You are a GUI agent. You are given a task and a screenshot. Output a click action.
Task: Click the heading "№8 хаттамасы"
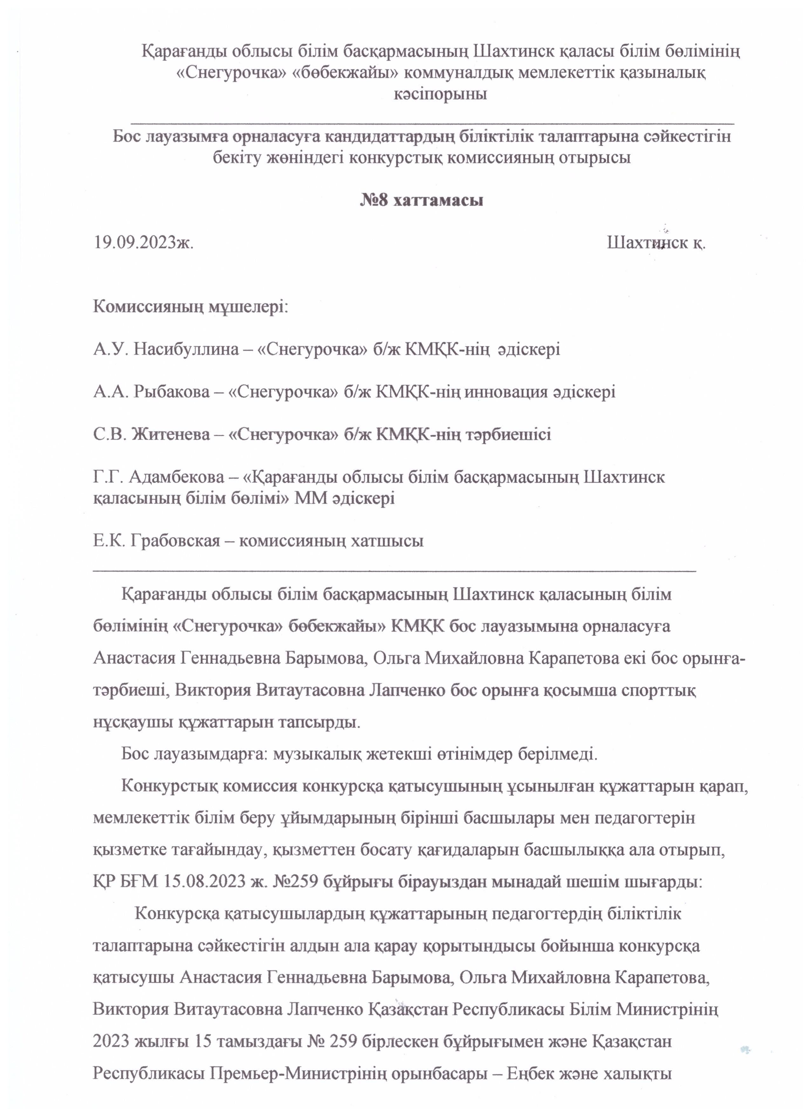[421, 201]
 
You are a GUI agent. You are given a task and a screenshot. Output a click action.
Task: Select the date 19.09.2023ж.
[143, 243]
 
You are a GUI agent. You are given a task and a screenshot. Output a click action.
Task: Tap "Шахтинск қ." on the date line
[656, 243]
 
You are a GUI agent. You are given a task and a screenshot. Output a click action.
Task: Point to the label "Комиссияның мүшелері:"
[190, 307]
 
